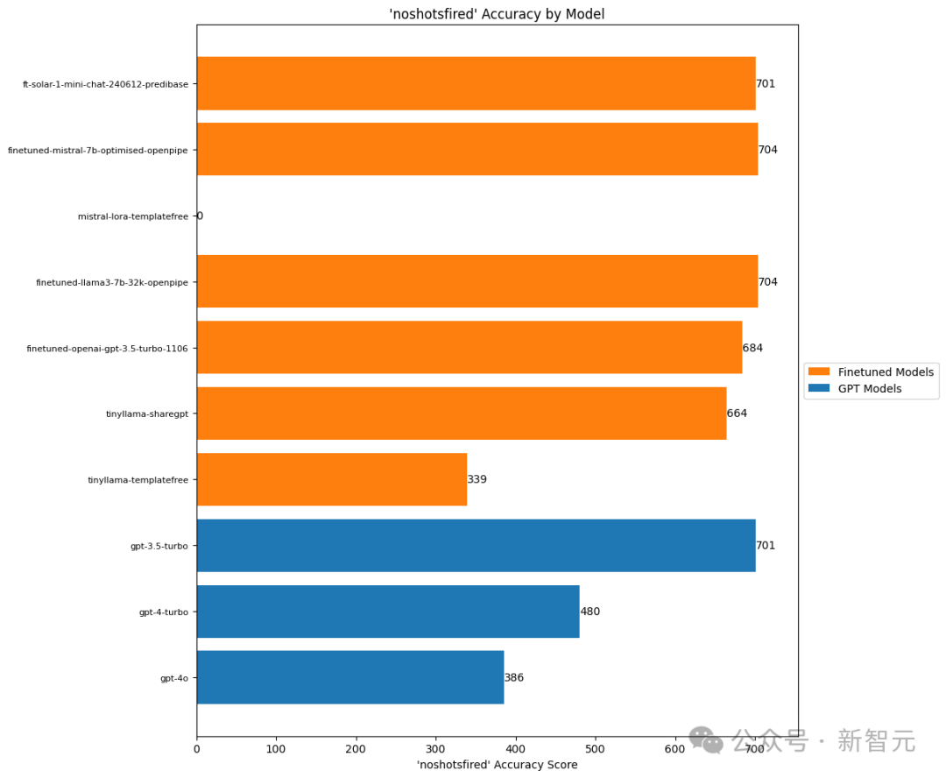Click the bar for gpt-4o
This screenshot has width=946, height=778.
[350, 677]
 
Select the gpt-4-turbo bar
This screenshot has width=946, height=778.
[388, 612]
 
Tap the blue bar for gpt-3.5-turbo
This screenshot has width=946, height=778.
[476, 546]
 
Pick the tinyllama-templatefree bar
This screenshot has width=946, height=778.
[332, 479]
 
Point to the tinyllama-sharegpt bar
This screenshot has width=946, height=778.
[462, 414]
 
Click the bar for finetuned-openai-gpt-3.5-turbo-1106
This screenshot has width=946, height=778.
[469, 347]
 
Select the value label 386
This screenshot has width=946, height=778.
[514, 677]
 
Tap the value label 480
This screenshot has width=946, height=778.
[590, 612]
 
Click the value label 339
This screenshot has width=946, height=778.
[477, 479]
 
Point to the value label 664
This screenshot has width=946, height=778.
[738, 414]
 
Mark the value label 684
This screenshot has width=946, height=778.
[753, 348]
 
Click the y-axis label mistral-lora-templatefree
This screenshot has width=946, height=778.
[132, 216]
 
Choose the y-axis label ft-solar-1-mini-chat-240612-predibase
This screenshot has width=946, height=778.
[105, 84]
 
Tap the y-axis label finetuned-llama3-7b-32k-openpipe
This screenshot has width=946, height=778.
[112, 282]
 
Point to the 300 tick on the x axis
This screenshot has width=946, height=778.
[436, 749]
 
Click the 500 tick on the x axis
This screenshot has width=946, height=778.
[596, 749]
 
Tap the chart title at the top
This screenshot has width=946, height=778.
[497, 14]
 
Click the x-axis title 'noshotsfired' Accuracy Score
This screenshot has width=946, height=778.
[497, 765]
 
